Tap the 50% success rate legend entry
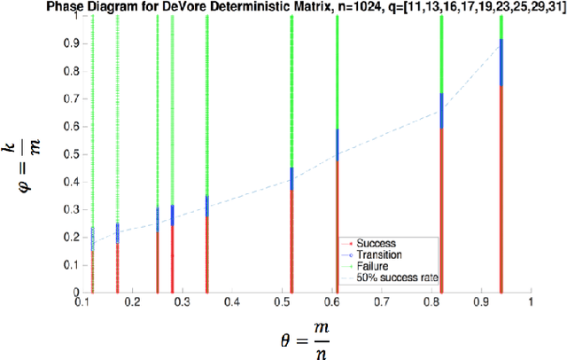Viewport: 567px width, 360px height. (x=390, y=276)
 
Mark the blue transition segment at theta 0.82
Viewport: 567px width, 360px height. (x=441, y=110)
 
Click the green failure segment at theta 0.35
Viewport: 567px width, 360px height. (x=206, y=106)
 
